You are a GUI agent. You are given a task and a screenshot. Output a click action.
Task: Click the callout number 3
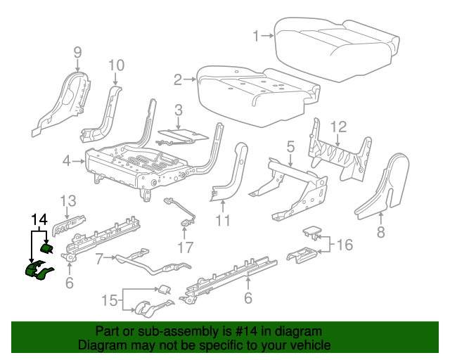179,110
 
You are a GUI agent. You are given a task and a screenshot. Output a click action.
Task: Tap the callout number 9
77,51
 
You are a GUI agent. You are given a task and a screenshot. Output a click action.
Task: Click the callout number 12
339,127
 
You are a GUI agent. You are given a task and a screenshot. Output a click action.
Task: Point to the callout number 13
67,200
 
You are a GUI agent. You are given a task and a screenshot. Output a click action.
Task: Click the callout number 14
39,219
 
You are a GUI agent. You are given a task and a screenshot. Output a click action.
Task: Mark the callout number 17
186,247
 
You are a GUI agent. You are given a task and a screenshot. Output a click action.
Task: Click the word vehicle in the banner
307,345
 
